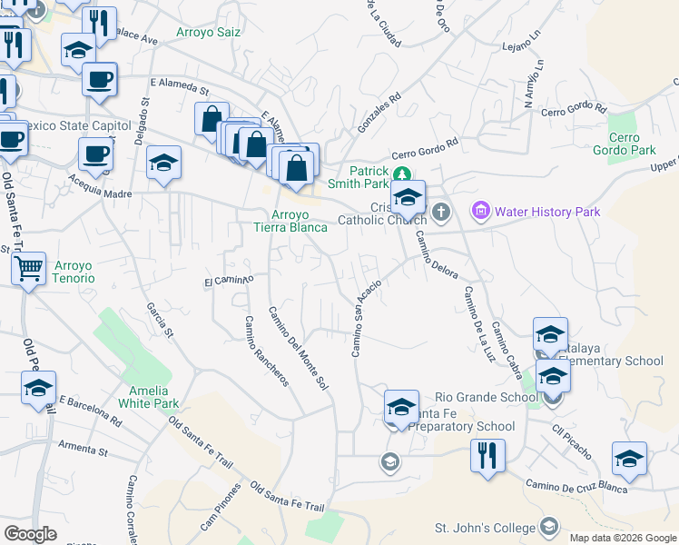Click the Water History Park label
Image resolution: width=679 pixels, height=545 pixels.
(x=547, y=212)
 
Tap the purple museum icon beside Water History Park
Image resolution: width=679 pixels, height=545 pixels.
(x=480, y=212)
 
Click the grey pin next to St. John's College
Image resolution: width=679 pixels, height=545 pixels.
(x=548, y=526)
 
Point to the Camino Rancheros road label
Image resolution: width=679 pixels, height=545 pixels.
(x=265, y=351)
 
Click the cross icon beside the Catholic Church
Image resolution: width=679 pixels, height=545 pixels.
(x=441, y=213)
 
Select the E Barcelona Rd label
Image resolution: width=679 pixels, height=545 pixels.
(x=90, y=411)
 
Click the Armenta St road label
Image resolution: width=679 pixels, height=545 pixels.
(x=83, y=449)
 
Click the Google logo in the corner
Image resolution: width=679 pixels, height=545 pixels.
(x=30, y=534)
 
